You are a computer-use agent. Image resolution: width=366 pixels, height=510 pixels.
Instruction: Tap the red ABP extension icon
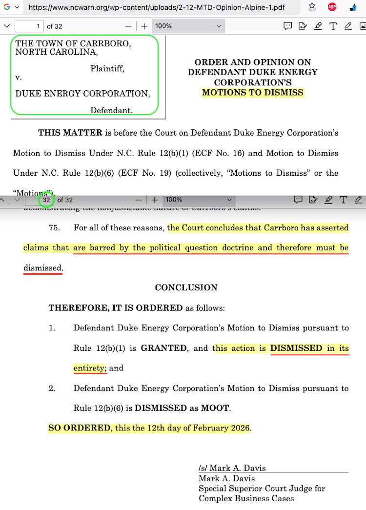[x=332, y=7]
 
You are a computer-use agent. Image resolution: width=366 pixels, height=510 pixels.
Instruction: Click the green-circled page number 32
[x=46, y=200]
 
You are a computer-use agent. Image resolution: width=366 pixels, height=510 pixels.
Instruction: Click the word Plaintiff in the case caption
[x=107, y=69]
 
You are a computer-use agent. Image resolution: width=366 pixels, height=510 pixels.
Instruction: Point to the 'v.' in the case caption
[x=19, y=77]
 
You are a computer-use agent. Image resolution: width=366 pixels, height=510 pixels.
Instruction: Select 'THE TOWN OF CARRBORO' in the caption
[x=73, y=43]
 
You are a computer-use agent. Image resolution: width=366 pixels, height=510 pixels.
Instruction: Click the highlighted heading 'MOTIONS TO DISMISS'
[x=253, y=93]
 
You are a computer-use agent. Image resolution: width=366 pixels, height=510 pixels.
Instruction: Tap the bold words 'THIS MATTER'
[x=70, y=133]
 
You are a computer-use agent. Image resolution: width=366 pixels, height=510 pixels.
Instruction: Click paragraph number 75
[x=55, y=228]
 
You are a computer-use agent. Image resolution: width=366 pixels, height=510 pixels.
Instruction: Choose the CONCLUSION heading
[x=186, y=288]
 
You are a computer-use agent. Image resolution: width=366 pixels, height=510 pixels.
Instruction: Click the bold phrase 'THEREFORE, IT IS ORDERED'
[x=115, y=308]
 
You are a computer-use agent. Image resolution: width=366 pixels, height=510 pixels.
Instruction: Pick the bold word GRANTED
[x=163, y=348]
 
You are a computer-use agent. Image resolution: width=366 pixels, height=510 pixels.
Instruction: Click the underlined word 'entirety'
[x=89, y=368]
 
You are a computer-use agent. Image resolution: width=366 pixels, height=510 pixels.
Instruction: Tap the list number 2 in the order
[x=52, y=388]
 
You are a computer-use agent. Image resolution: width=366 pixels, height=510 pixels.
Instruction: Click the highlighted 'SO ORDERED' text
[x=79, y=428]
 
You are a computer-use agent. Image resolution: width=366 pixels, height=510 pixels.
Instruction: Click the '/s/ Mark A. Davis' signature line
[x=232, y=468]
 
